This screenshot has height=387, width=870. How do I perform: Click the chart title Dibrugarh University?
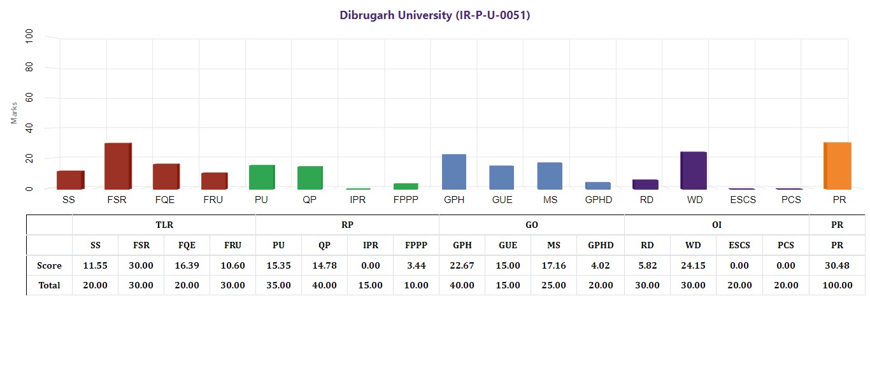click(x=435, y=15)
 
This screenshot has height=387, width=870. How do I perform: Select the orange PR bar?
click(x=838, y=166)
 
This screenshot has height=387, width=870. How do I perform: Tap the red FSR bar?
click(x=118, y=166)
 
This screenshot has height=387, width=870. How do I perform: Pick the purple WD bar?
click(x=694, y=171)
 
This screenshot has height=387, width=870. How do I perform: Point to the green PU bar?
click(x=262, y=177)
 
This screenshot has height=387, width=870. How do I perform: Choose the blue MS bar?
click(x=550, y=176)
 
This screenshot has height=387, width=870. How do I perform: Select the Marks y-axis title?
click(x=15, y=112)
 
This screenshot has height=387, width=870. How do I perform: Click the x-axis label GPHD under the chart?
click(x=598, y=200)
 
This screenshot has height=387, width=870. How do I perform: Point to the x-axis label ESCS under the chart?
click(x=741, y=200)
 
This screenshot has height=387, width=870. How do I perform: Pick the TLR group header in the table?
click(x=164, y=225)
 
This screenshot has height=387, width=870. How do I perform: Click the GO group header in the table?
click(x=531, y=225)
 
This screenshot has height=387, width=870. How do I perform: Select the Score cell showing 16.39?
click(x=187, y=265)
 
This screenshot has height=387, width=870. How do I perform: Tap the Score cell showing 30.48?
click(x=837, y=265)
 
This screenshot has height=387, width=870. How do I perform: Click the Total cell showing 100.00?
click(x=837, y=285)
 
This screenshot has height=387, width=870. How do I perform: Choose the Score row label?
click(x=49, y=265)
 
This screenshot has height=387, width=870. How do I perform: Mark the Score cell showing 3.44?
click(x=416, y=265)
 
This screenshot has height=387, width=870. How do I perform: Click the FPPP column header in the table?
click(x=416, y=245)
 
